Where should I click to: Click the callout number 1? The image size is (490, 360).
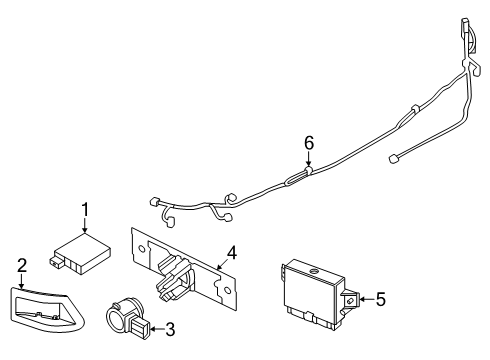point(86,209)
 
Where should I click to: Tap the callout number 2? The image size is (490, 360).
point(21,264)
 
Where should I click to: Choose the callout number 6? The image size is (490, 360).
point(308,143)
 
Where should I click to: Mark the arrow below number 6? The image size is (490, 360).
point(308,161)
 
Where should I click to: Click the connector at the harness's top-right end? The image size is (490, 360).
point(466,28)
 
